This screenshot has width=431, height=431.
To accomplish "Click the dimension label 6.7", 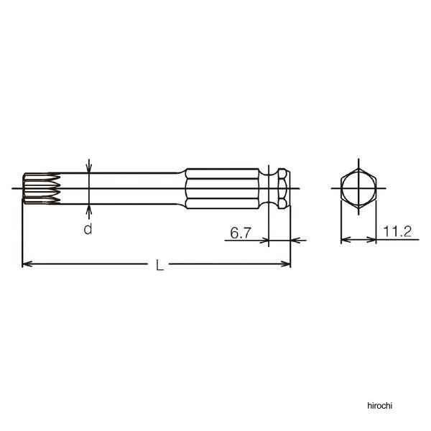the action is [241, 233].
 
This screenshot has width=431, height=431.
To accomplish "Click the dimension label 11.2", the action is [397, 231].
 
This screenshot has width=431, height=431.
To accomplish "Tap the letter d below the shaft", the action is [88, 228].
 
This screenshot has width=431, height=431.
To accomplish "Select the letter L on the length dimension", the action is [159, 264].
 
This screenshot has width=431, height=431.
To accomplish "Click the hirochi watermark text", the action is [379, 405].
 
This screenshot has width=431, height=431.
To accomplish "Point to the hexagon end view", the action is [358, 188].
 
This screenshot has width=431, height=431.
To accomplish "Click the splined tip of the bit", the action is [41, 188].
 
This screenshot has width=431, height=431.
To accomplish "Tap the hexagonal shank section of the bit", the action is [222, 188].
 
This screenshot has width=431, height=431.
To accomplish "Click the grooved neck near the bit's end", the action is [269, 188].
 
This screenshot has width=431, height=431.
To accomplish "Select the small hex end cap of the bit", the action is [284, 188].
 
